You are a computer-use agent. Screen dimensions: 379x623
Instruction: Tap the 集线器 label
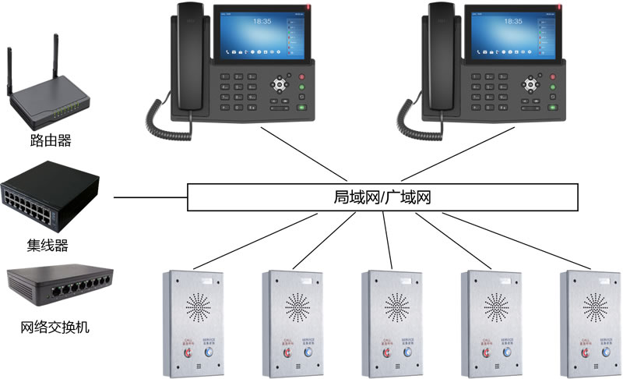(x=48, y=246)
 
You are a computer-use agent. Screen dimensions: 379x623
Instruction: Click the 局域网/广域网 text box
(x=384, y=197)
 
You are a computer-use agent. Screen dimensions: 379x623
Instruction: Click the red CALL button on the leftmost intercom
(x=188, y=352)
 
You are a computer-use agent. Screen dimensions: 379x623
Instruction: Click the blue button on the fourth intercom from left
(x=507, y=352)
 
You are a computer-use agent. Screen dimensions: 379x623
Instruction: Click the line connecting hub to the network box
(x=150, y=197)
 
